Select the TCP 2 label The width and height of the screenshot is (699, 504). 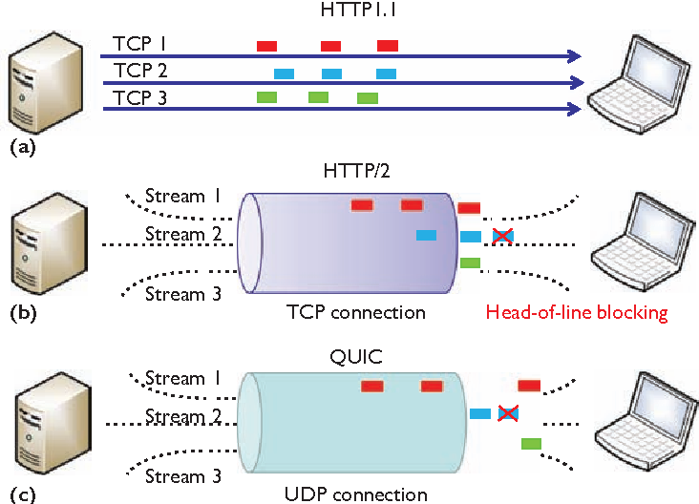tap(140, 71)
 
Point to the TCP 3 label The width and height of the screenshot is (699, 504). tap(140, 96)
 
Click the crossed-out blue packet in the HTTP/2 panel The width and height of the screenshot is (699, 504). tap(502, 237)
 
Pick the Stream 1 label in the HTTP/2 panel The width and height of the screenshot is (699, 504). tap(181, 197)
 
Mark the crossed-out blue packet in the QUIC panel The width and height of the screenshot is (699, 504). tap(508, 413)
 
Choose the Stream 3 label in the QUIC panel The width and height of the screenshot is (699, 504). tap(181, 476)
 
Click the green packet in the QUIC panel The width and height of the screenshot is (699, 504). tap(532, 444)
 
